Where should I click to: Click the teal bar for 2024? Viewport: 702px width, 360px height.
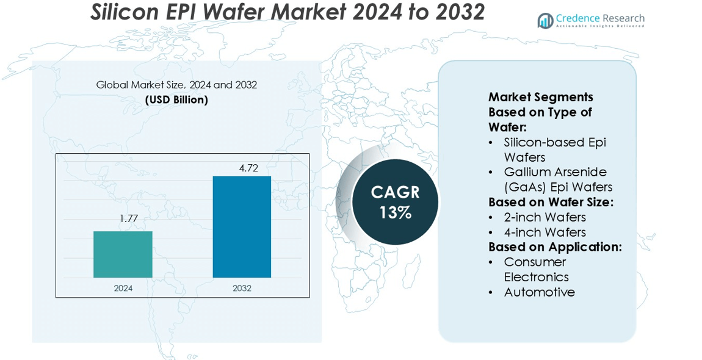(123, 254)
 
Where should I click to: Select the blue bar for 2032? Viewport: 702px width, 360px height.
(242, 226)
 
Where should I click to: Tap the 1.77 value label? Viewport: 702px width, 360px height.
(128, 218)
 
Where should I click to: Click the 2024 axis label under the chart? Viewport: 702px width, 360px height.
(123, 288)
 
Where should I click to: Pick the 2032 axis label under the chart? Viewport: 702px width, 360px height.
(242, 288)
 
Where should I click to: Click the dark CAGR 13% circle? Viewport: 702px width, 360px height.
(395, 202)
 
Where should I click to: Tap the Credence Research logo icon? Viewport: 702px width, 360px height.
(545, 21)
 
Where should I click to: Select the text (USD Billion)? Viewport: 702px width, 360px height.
(176, 99)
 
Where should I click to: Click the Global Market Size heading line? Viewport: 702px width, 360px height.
(176, 85)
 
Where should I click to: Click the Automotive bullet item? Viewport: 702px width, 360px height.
(539, 292)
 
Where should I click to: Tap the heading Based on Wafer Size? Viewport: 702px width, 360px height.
(551, 202)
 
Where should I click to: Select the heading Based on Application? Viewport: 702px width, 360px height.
(555, 247)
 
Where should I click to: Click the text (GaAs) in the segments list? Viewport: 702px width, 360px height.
(524, 187)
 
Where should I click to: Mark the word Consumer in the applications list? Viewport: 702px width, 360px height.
(535, 262)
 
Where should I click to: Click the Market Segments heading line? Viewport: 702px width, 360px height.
(541, 97)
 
